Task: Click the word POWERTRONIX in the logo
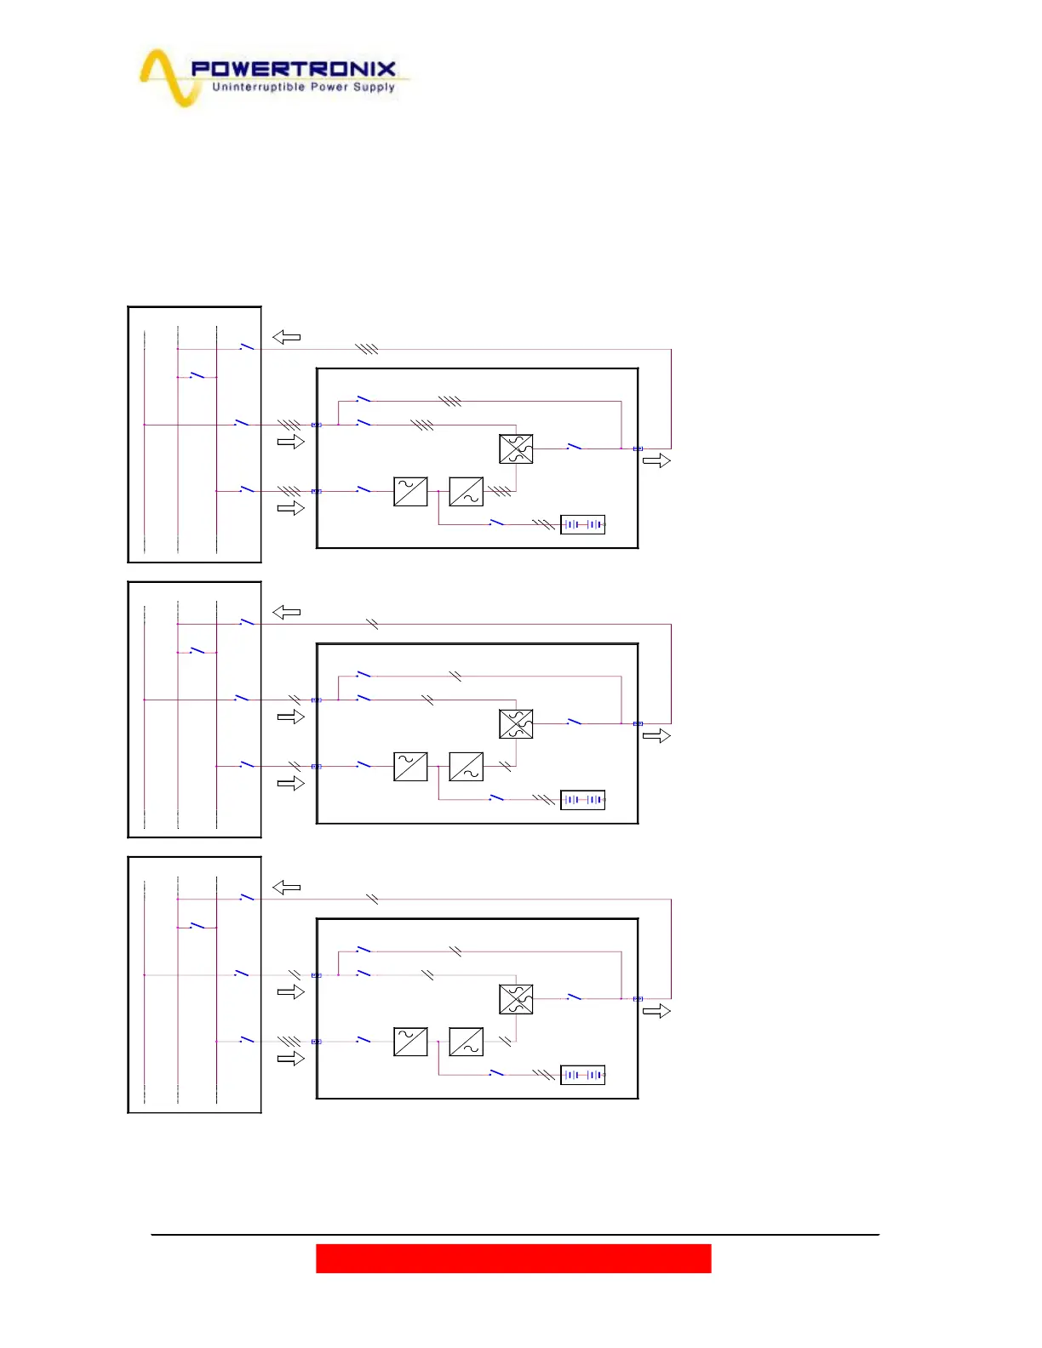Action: coord(293,69)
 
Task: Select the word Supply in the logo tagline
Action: coord(375,87)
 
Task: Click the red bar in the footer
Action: coord(513,1258)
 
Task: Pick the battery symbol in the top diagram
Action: coord(582,524)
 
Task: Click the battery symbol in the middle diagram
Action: coord(582,800)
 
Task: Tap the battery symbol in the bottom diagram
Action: coord(582,1075)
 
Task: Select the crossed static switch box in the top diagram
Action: coord(516,448)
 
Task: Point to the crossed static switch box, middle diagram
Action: coord(516,723)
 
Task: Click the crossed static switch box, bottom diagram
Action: coord(516,999)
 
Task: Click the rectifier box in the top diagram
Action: coord(410,491)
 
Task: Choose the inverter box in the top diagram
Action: coord(466,491)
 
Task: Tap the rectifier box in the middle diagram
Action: coord(410,767)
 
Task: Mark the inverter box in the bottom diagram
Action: coord(466,1042)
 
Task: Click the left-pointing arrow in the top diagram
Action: coord(286,337)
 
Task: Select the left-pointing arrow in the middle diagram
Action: coord(286,612)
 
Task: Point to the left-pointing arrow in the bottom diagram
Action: coord(286,888)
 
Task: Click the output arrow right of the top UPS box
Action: coord(656,460)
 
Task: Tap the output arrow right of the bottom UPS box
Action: coord(656,1011)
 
